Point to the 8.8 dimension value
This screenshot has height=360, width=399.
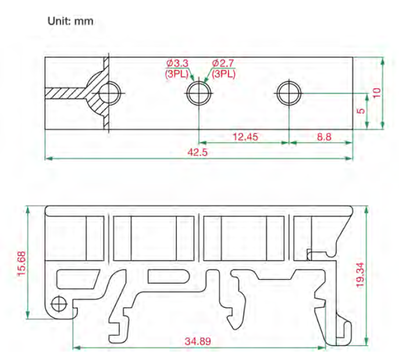click(324, 137)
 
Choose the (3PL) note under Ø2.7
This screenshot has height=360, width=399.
click(224, 74)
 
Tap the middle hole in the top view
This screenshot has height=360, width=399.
click(198, 92)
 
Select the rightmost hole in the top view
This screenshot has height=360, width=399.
click(288, 92)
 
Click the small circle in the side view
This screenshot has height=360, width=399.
click(58, 303)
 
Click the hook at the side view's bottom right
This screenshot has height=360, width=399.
click(344, 332)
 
